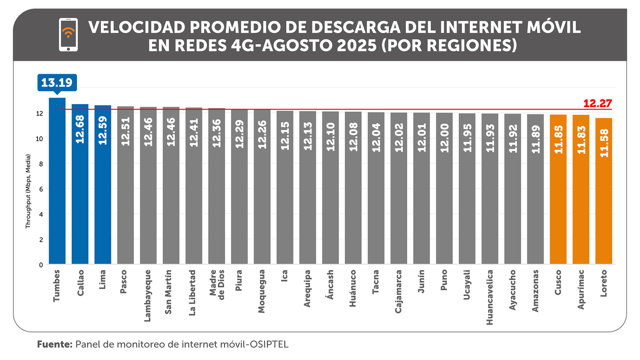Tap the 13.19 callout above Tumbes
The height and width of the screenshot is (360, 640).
pos(57,82)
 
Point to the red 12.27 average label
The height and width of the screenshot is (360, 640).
pos(598,103)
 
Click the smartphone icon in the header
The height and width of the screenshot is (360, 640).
pos(68,34)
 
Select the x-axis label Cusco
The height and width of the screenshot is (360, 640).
pos(558,282)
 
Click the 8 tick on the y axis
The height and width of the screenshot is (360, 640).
pos(41,164)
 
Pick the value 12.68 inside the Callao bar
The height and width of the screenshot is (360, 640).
pos(80,129)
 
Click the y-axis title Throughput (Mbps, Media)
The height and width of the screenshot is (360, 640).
pos(28,191)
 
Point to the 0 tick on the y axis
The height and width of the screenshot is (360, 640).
pos(41,265)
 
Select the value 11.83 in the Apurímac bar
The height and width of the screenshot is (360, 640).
pos(581,140)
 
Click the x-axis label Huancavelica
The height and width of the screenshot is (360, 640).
pos(490,297)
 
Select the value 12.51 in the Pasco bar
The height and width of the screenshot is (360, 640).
pos(126,131)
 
